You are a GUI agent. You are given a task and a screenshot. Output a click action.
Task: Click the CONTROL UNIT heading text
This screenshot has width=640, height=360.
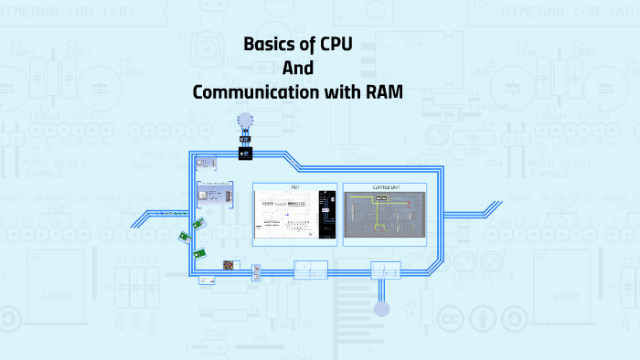point(385,187)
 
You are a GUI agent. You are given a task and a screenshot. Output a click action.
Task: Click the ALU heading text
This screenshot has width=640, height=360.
point(294,187)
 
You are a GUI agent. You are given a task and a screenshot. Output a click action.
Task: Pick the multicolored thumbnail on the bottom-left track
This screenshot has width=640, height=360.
point(229,265)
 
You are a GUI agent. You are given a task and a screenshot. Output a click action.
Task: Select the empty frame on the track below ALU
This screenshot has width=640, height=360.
point(310,270)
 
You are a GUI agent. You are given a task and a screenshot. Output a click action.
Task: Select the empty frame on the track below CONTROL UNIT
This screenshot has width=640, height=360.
point(385,270)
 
